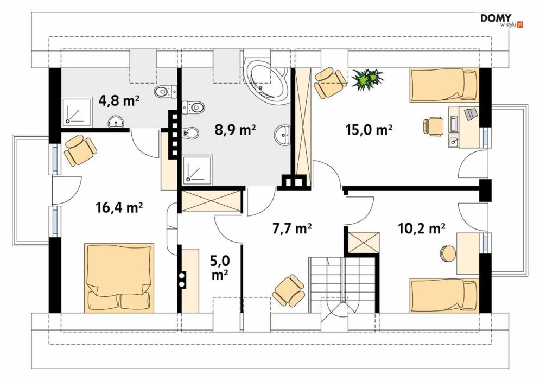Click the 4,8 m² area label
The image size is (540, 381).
tap(119, 101)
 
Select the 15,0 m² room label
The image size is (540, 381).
tap(369, 130)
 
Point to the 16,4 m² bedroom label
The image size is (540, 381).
tap(119, 207)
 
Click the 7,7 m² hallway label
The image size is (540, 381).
tap(293, 228)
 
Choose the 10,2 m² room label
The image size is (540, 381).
tap(422, 228)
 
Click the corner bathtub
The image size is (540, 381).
tap(267, 81)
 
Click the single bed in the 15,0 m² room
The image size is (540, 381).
tap(444, 85)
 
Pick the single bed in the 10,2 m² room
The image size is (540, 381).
tap(444, 296)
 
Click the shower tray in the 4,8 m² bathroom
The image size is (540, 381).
tap(77, 112)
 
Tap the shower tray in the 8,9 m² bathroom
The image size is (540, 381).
tap(198, 169)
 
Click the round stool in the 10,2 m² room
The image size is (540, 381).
tap(448, 254)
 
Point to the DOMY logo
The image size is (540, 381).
tap(501, 20)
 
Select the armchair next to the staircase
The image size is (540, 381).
tap(288, 290)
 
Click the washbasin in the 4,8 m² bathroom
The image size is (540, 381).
tap(116, 122)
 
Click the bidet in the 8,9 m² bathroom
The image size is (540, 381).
tap(190, 132)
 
